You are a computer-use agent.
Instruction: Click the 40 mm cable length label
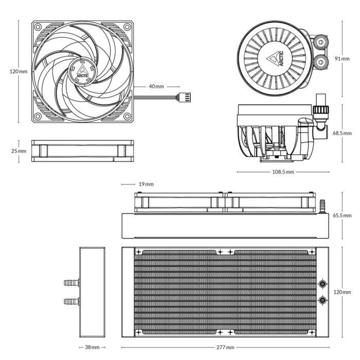point(156,86)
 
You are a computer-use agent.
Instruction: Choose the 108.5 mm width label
point(283,172)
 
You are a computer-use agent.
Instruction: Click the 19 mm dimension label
point(146,184)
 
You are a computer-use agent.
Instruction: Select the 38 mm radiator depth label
point(92,348)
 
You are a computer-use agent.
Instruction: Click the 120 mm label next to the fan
point(19,71)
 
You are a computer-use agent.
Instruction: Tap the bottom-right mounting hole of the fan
point(127,117)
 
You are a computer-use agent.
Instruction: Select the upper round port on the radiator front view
point(322,283)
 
